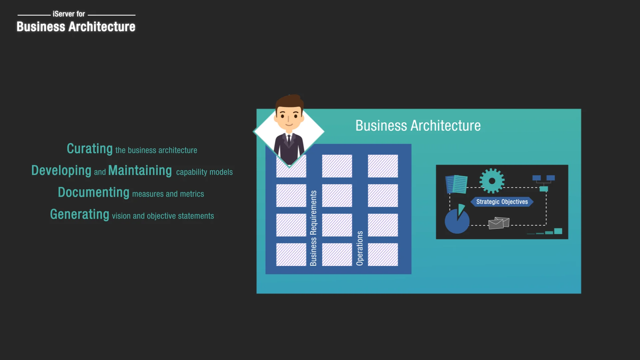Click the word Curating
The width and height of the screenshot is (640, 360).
click(90, 149)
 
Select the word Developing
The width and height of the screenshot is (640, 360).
click(61, 171)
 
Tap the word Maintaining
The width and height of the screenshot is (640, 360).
click(140, 171)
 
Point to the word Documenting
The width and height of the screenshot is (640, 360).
click(94, 193)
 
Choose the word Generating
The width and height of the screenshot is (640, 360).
click(80, 214)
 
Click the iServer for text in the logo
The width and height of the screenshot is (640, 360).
click(69, 14)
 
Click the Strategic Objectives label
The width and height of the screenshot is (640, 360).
click(502, 202)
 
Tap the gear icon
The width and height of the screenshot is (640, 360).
click(492, 181)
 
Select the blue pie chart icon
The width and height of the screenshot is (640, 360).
click(457, 220)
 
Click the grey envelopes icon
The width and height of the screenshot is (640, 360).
click(499, 223)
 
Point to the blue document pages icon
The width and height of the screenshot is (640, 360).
click(456, 184)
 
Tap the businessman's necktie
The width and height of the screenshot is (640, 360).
click(289, 140)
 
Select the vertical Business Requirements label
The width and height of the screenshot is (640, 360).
click(313, 228)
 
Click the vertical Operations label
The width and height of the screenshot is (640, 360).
click(360, 248)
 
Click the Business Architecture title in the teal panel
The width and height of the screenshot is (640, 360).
click(418, 126)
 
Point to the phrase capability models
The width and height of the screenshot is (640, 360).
click(204, 172)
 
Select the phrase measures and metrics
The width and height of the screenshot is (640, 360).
click(168, 194)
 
